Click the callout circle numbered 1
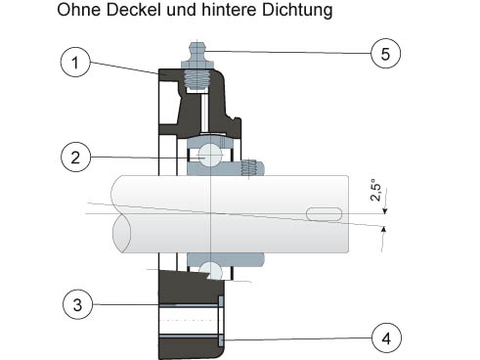coord(75,63)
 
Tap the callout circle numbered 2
coord(75,157)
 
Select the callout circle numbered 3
coord(77,304)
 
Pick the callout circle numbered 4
coord(386,337)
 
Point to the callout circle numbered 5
coord(386,53)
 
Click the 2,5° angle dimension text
coord(375,190)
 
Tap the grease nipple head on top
coord(197,51)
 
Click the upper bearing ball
coord(210,155)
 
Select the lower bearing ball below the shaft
coord(211,270)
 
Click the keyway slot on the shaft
coord(324,214)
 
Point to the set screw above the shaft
coord(249,168)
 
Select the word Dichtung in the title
coord(297,11)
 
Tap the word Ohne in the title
coord(79,10)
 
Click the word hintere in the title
coord(230,10)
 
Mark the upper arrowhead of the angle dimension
coord(385,210)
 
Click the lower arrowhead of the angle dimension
coord(384,230)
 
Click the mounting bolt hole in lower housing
coord(188,321)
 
